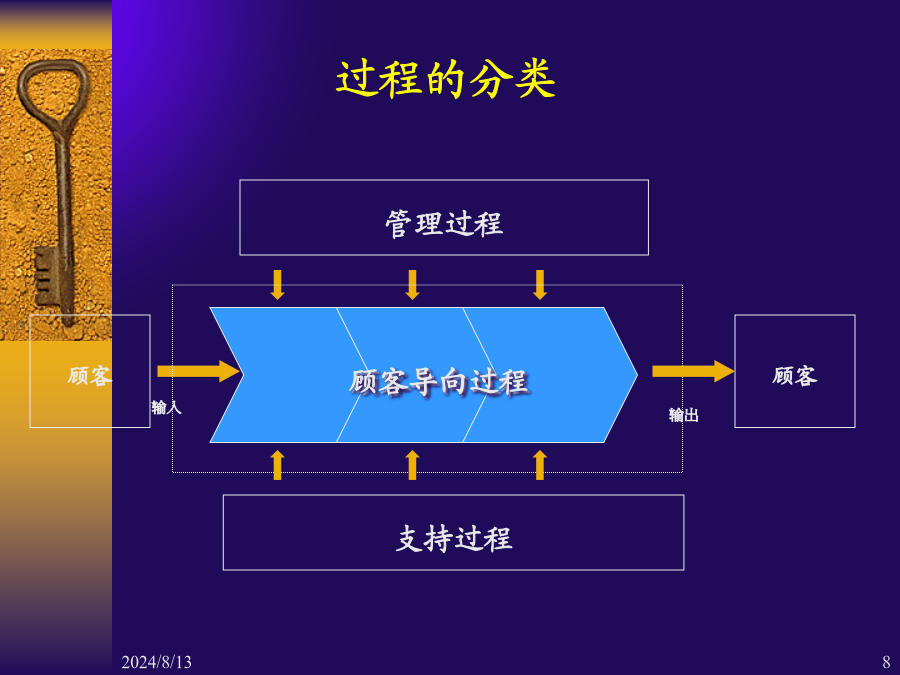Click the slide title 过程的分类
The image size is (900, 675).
coord(445,80)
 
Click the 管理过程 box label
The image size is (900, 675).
coord(444,223)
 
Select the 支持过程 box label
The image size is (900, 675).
coord(453,539)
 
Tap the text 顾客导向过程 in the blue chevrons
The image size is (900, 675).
coord(438,381)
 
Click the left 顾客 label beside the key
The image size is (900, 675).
coord(90,376)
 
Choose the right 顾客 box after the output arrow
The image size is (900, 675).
coord(795,375)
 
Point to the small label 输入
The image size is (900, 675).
coord(166,407)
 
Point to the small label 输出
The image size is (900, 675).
coord(683,415)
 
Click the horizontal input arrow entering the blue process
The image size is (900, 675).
coord(198,372)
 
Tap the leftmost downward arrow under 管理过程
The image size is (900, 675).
coord(278,285)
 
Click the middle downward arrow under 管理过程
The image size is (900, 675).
coord(412,285)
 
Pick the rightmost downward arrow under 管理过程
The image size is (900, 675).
coord(540,285)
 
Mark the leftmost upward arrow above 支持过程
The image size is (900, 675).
coord(278,465)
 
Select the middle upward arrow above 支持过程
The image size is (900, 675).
coord(412,465)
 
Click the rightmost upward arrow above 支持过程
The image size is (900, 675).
coord(540,465)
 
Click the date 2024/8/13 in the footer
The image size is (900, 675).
coord(156,662)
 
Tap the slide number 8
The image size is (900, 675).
coord(886,662)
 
